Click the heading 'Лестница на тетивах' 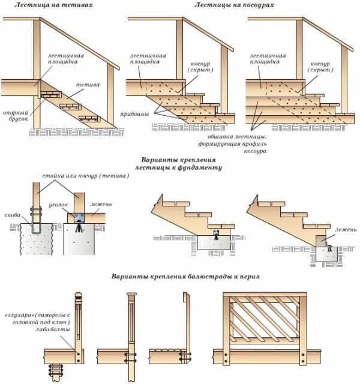pos(42,5)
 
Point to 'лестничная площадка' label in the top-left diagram pos(66,59)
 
